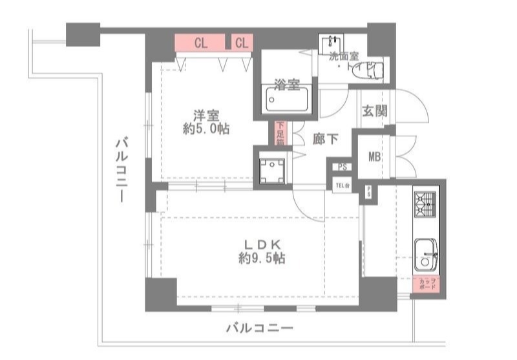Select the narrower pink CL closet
coord(242,43)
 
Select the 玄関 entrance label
coord(375,111)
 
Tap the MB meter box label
coord(374,156)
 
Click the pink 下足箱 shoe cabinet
coord(280,134)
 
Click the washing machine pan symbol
coord(272,169)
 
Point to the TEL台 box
coord(342,187)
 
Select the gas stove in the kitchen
coord(426,204)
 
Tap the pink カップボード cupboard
coord(427,284)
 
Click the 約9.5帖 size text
coord(262,259)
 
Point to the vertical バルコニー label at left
coord(121,170)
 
